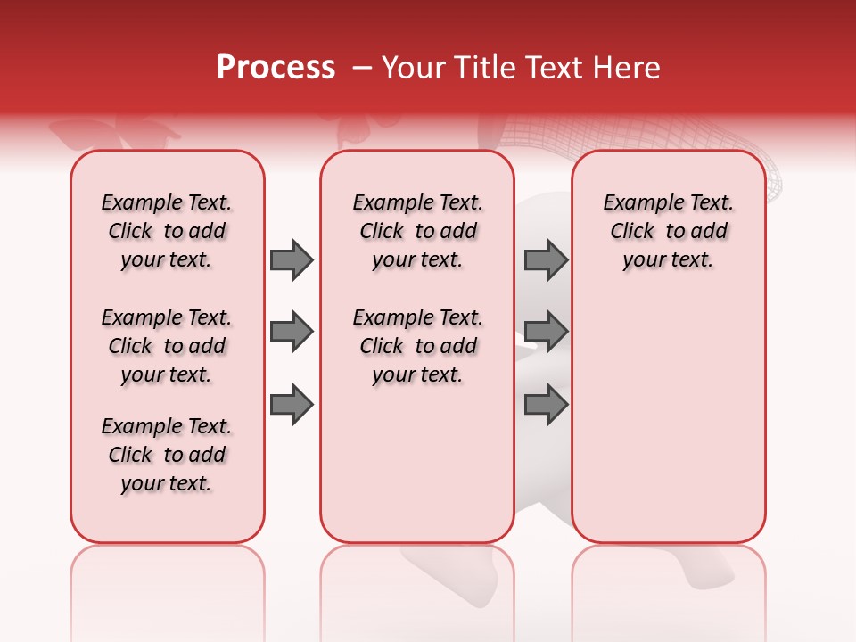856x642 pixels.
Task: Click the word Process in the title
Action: click(x=276, y=68)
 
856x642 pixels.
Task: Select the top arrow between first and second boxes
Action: click(x=292, y=260)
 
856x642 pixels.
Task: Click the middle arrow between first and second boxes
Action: click(x=292, y=333)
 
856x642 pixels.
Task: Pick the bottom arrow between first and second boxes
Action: click(x=292, y=406)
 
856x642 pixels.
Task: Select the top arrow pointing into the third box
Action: click(x=546, y=260)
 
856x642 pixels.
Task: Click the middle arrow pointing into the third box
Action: click(x=546, y=333)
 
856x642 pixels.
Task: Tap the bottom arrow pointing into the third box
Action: click(x=546, y=406)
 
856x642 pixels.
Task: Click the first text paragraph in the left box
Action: click(x=167, y=231)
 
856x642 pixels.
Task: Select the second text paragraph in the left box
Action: click(x=167, y=346)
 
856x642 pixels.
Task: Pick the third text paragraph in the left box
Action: click(x=167, y=455)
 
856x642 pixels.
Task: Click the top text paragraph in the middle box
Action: click(x=417, y=231)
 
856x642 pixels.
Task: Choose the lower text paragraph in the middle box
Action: click(x=417, y=346)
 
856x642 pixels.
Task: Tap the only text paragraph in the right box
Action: click(x=668, y=231)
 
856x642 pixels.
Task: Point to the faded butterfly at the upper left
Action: click(x=111, y=134)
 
